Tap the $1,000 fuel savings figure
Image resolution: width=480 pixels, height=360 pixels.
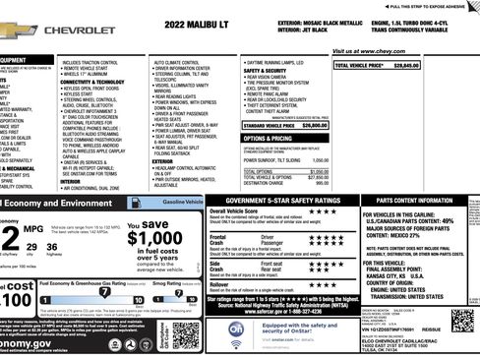(154, 239)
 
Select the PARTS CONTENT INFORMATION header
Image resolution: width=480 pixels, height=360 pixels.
(420, 201)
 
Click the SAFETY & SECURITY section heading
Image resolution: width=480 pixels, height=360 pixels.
(268, 71)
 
